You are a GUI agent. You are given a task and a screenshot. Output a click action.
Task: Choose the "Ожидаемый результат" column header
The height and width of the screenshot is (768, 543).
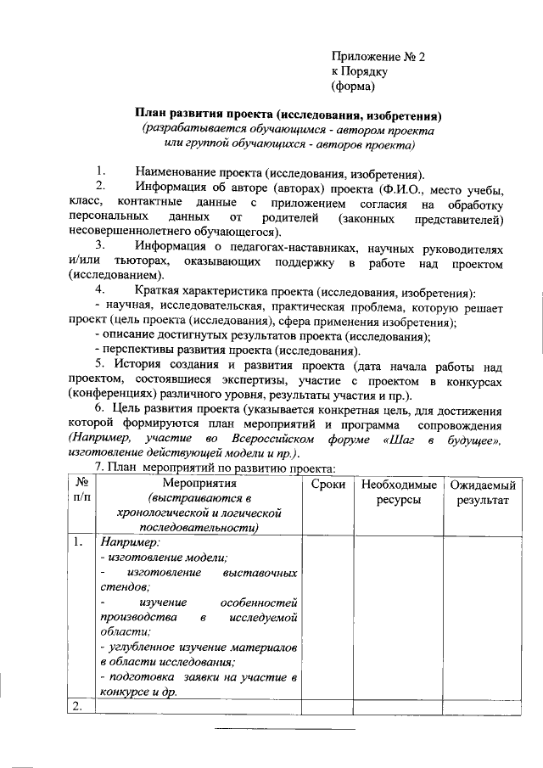click(x=483, y=492)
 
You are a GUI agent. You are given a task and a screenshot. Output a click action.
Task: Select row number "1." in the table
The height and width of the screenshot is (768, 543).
click(x=78, y=542)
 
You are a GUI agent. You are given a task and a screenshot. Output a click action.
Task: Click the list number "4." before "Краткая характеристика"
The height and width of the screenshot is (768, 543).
click(x=99, y=290)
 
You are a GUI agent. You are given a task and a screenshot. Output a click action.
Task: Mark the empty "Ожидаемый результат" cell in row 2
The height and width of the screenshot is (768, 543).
click(x=483, y=708)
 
